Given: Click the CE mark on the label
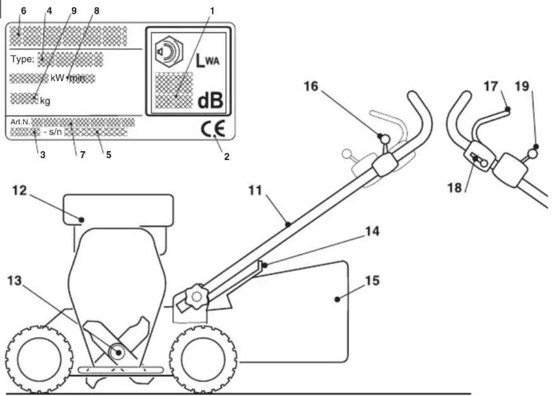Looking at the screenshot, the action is pos(213,129).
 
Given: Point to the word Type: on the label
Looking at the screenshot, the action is pos(23,59).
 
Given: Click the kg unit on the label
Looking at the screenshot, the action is pos(45,101).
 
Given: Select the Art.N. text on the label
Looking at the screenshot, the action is pos(20,122).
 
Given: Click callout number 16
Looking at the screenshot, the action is pos(311,86).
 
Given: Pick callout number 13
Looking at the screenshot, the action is pos(15,281).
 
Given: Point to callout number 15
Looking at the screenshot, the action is pos(373,280).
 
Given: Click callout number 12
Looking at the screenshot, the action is pos(19,190).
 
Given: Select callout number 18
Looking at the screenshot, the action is pos(454,187).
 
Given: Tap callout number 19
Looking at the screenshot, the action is pos(522,86).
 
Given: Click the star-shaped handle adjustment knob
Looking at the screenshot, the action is pos(196,298).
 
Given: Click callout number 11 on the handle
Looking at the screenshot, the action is pos(255,190).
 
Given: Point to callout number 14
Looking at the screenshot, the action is pos(372,231).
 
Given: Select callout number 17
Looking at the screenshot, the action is pos(491,86).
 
